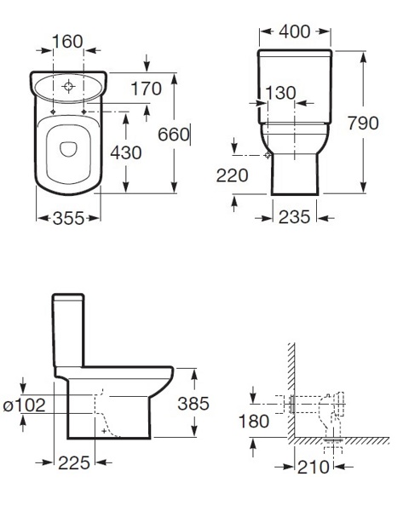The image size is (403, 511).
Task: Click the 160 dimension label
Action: click(x=67, y=42)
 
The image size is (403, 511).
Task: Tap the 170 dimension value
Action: click(x=146, y=89)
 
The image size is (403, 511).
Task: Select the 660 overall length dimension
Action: click(x=174, y=135)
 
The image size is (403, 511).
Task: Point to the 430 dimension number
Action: click(x=126, y=152)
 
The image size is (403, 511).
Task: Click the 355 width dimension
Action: click(x=68, y=218)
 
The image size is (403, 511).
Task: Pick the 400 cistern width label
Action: click(x=295, y=32)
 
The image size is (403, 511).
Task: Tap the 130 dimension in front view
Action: click(x=280, y=93)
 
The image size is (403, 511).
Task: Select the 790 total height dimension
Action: click(x=363, y=123)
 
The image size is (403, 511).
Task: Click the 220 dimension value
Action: click(x=232, y=175)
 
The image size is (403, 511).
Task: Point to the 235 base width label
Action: click(x=294, y=216)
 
